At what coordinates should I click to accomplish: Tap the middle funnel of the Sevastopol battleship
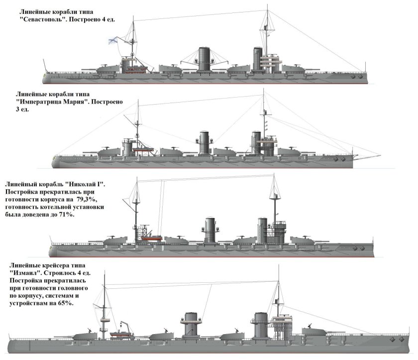click(x=204, y=59)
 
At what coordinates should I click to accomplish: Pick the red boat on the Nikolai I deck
click(x=151, y=238)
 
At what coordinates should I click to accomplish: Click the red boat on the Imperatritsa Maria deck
click(x=143, y=150)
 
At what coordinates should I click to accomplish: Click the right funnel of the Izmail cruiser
click(x=261, y=325)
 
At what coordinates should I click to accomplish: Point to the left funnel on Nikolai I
click(x=210, y=230)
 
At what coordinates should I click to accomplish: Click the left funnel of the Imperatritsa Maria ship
click(x=204, y=142)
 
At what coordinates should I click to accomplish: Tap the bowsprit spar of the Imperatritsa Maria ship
click(x=367, y=155)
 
